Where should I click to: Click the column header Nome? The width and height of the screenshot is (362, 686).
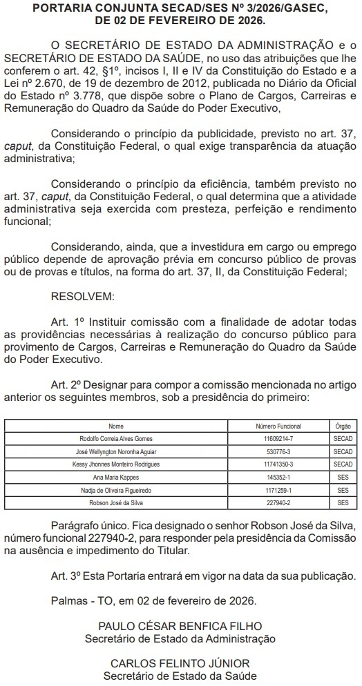coord(116,426)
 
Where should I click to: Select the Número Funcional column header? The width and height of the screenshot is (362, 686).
coord(278,426)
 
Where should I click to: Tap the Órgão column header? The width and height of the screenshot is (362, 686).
coord(343,426)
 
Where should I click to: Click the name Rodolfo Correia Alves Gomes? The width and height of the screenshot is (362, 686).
coord(116,439)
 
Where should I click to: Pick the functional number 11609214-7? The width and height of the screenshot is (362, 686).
coord(278,439)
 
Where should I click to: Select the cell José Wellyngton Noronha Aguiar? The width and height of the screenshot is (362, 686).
coord(116,451)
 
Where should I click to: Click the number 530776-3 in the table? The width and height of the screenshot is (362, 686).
coord(278,451)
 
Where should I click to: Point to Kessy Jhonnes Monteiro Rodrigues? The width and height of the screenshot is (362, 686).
coord(116,464)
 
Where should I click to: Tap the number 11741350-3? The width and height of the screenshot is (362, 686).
coord(278,464)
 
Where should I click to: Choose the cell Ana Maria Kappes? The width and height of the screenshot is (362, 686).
coord(116,478)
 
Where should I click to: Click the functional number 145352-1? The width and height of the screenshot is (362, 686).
coord(278,478)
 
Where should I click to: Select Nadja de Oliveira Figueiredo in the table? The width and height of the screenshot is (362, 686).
coord(116,490)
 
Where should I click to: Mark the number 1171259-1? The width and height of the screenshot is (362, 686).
coord(278,490)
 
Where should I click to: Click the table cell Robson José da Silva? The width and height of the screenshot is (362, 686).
coord(116,503)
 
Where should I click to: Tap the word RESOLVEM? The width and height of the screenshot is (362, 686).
coord(83,296)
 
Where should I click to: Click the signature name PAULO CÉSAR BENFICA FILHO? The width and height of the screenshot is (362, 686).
coord(180,627)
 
